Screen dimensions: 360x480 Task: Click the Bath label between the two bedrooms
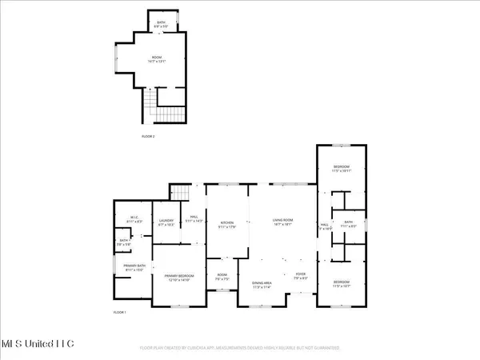click(348, 224)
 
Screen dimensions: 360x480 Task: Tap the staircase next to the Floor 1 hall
click(182, 193)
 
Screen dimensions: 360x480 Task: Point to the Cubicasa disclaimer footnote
click(239, 349)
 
